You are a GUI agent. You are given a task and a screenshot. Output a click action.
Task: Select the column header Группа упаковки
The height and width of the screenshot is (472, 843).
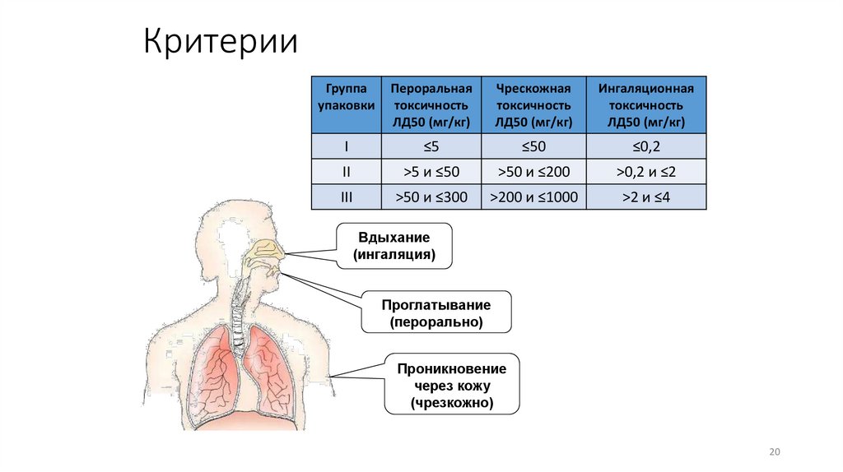pyautogui.click(x=346, y=105)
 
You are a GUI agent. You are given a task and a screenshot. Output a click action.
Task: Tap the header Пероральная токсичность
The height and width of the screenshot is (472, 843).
pyautogui.click(x=431, y=105)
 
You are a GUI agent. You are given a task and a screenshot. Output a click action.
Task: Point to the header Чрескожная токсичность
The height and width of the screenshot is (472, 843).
pyautogui.click(x=533, y=105)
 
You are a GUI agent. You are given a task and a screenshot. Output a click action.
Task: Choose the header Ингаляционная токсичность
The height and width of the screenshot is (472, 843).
pyautogui.click(x=646, y=105)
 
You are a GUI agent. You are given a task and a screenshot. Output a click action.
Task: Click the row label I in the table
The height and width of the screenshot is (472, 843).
pyautogui.click(x=346, y=146)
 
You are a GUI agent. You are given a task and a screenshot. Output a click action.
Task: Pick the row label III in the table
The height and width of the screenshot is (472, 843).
pyautogui.click(x=346, y=197)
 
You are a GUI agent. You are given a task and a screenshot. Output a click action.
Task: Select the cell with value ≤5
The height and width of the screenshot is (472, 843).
pyautogui.click(x=431, y=146)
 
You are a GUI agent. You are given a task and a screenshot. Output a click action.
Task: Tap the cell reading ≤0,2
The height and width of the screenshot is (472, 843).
pyautogui.click(x=646, y=146)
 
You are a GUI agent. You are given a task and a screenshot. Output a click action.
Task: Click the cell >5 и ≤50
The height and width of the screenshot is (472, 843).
pyautogui.click(x=431, y=172)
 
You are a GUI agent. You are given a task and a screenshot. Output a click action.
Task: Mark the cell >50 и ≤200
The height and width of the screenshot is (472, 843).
pyautogui.click(x=533, y=172)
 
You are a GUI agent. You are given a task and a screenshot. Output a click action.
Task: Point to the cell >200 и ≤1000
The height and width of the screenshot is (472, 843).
pyautogui.click(x=533, y=197)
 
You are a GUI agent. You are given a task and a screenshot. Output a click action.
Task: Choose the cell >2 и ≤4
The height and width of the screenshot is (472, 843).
pyautogui.click(x=646, y=197)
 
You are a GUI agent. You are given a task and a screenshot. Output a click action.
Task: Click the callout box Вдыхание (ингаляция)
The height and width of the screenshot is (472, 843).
pyautogui.click(x=394, y=246)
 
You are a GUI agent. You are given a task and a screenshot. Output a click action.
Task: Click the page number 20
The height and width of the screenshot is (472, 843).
pyautogui.click(x=774, y=452)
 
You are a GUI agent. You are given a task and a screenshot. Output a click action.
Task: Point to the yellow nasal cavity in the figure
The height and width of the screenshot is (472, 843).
pyautogui.click(x=267, y=250)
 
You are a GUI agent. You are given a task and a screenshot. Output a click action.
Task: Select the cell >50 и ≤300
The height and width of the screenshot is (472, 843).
pyautogui.click(x=431, y=197)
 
